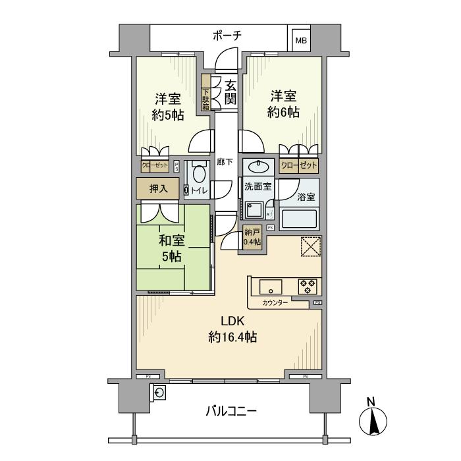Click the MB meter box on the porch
[x=300, y=41]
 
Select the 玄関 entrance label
[x=230, y=92]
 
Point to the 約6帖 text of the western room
[x=283, y=112]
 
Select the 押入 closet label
[x=159, y=188]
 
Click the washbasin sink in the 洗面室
[x=258, y=165]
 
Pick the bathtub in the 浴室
[x=298, y=218]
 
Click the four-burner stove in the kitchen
[x=308, y=286]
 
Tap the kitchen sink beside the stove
[x=271, y=286]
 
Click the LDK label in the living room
[x=232, y=321]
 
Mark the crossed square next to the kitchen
[x=310, y=246]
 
